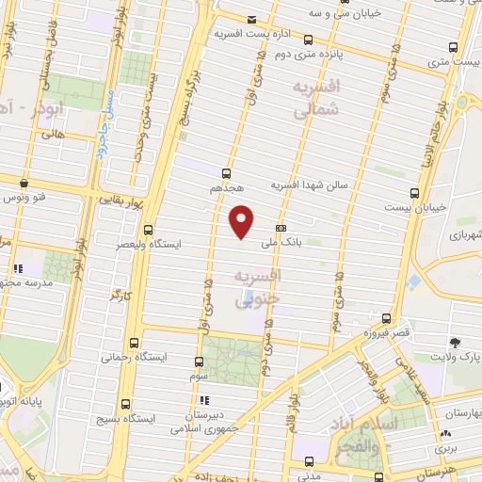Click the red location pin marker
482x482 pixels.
(243, 220)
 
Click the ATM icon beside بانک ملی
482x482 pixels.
(281, 227)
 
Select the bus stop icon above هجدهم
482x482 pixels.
(226, 172)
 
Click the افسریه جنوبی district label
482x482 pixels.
(260, 285)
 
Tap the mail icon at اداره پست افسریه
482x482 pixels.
(250, 20)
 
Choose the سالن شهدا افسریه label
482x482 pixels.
(311, 185)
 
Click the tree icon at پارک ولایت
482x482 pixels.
(456, 342)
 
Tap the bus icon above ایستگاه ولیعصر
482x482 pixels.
(148, 229)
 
